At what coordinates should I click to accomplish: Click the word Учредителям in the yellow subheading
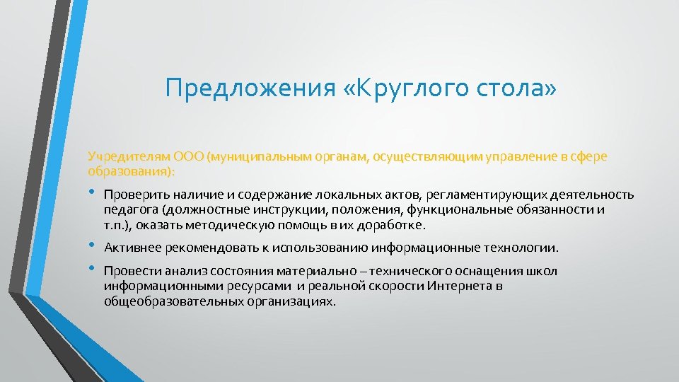[x=122, y=156]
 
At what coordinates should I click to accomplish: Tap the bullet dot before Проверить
[x=92, y=194]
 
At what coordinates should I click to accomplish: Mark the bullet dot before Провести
[x=92, y=270]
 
